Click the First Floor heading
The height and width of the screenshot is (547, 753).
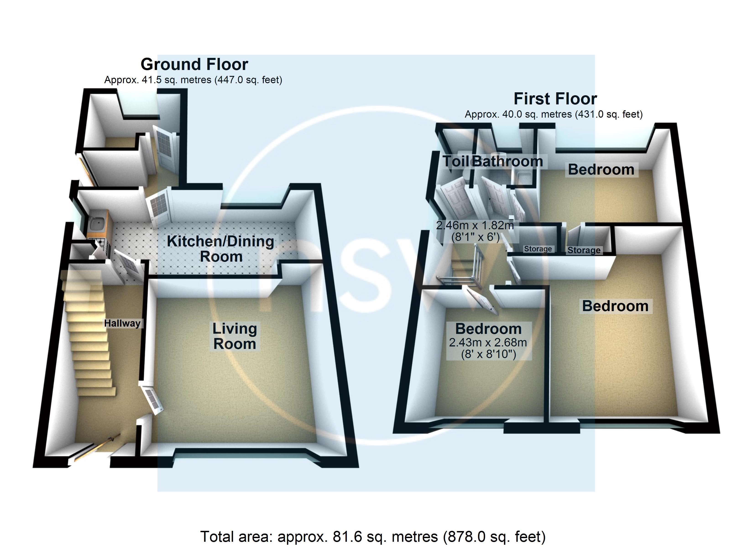[x=555, y=99]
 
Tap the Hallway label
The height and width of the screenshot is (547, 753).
[x=122, y=323]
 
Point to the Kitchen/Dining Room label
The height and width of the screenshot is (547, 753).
[x=220, y=249]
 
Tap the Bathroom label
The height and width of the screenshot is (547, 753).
[x=508, y=162]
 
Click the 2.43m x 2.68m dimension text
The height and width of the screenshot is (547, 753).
[x=488, y=342]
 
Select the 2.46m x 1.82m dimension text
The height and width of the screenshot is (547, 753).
[x=475, y=226]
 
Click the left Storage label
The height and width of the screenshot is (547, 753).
[x=538, y=249]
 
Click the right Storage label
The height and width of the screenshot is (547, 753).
[x=584, y=250]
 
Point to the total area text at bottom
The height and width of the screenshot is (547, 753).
[x=373, y=536]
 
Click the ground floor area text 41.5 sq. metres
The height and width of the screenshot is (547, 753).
[x=193, y=80]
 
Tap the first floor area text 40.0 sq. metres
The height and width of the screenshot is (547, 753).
[x=554, y=114]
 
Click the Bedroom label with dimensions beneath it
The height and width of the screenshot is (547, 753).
[x=488, y=329]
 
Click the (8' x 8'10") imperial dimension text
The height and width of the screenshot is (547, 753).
[x=488, y=354]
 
